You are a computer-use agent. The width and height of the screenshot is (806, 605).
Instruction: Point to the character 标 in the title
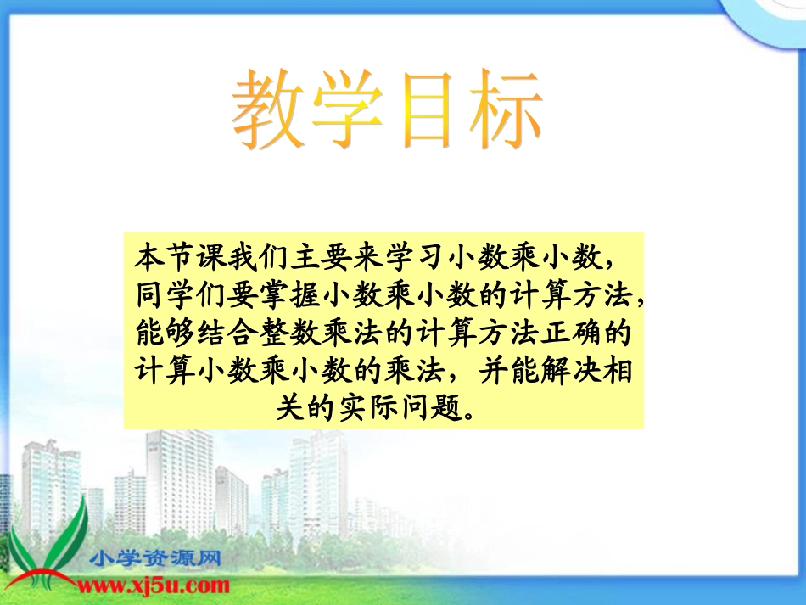tap(503, 111)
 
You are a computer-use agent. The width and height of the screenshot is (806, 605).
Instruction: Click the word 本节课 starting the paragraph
tap(180, 255)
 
